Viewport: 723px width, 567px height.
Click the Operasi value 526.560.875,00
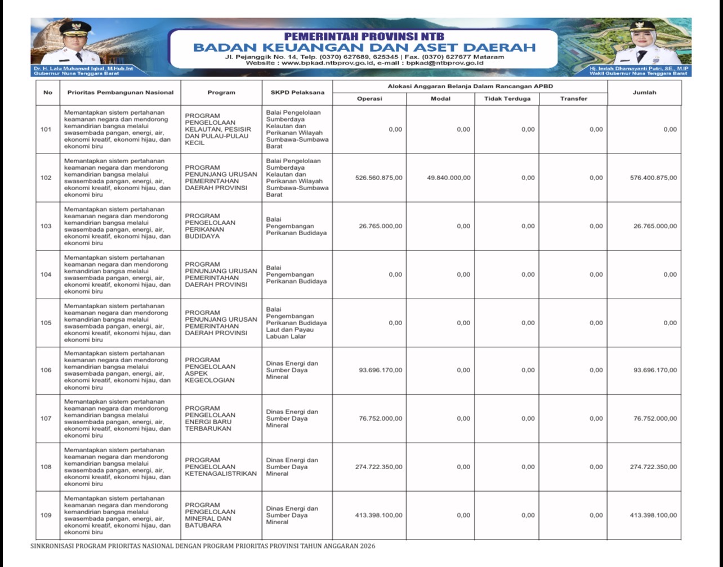(x=378, y=178)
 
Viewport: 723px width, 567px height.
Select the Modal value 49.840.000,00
(x=449, y=178)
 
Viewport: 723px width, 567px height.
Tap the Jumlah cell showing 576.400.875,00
(x=653, y=178)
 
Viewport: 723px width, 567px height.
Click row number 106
(x=46, y=370)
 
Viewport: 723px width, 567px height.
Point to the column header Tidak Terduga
(x=507, y=98)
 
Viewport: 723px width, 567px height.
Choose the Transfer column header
(x=573, y=98)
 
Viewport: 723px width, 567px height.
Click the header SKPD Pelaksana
(x=297, y=92)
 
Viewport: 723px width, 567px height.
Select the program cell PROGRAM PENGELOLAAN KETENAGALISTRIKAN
(x=220, y=467)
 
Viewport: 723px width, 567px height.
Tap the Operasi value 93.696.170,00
(x=381, y=370)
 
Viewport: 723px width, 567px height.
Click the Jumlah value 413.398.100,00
(x=653, y=515)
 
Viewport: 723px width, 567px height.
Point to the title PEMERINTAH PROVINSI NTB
(x=364, y=37)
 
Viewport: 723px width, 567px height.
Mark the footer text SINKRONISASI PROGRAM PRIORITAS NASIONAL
(x=203, y=546)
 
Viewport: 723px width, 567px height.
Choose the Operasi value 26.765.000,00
(x=381, y=226)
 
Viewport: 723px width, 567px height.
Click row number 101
(x=46, y=129)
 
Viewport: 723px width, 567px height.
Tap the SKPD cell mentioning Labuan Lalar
(x=296, y=323)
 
